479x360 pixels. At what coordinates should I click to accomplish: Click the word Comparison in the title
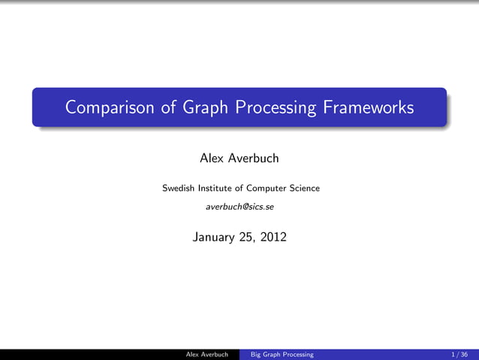[110, 107]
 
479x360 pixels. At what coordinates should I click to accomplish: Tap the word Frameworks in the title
[368, 107]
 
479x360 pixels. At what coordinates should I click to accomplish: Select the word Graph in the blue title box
[201, 107]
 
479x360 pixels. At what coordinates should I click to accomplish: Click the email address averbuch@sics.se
[239, 206]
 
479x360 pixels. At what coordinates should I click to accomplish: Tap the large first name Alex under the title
[212, 159]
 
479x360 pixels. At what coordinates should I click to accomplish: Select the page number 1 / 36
[460, 354]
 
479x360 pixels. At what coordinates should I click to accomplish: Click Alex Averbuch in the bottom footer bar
[206, 354]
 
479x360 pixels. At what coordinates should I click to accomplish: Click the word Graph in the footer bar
[273, 354]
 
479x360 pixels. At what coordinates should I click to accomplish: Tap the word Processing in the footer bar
[299, 354]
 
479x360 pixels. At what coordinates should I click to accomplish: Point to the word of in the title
[168, 107]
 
